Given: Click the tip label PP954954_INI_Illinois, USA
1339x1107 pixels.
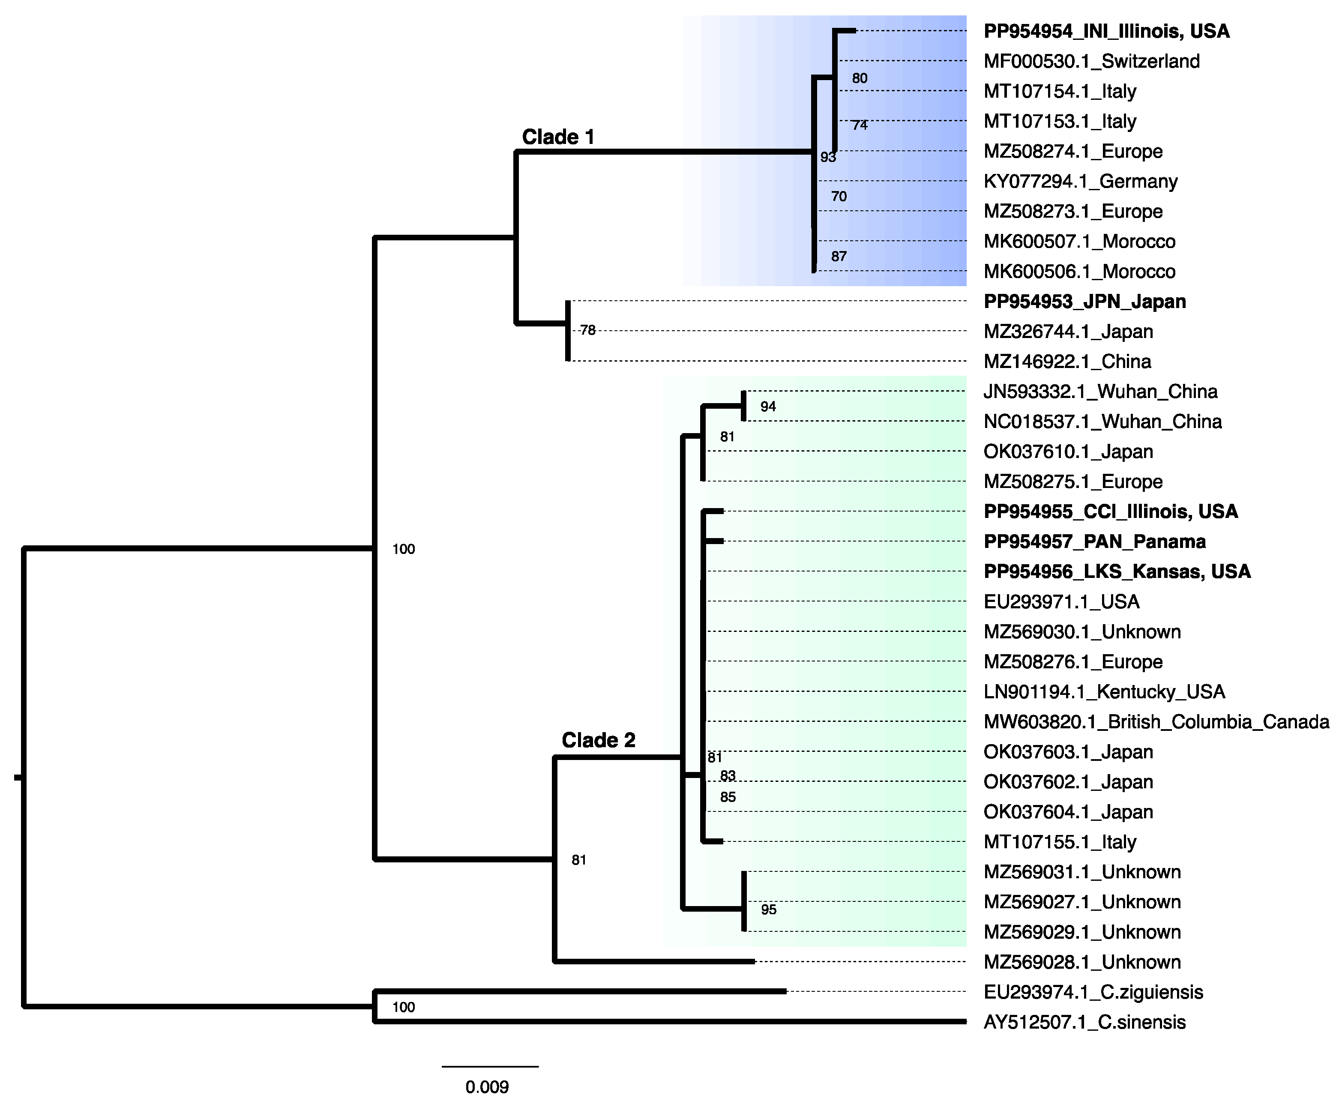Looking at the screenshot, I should (x=1106, y=31).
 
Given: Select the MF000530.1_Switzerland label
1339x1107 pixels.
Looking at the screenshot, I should (x=1092, y=61).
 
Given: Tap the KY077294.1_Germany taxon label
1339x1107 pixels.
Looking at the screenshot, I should (x=1080, y=182).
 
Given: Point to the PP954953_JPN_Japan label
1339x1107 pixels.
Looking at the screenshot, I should (x=1084, y=302).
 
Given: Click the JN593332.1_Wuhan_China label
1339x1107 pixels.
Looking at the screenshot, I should (x=1100, y=392).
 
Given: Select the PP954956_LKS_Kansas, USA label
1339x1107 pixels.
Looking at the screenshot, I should (x=1117, y=572).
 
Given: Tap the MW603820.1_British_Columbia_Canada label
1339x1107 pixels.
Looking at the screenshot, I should (x=1156, y=722).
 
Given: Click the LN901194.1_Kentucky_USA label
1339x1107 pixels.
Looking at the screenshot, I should (x=1104, y=692).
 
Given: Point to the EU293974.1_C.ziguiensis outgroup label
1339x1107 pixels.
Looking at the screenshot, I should (x=1093, y=992).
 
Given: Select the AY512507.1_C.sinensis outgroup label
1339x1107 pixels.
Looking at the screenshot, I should (x=1084, y=1022).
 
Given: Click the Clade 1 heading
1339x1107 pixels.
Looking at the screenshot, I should (x=558, y=137).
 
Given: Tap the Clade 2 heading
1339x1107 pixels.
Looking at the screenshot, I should (x=598, y=740).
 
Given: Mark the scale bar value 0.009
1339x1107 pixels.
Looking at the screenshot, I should (x=487, y=1086).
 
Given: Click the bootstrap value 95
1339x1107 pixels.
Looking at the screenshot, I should (x=768, y=910).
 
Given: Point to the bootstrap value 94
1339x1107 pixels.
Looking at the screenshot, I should (x=768, y=407).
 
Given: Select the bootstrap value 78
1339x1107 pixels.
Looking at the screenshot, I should (x=587, y=330).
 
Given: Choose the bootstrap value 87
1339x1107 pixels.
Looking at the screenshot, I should (x=839, y=256).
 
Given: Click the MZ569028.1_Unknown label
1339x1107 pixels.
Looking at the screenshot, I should (x=1082, y=962).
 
